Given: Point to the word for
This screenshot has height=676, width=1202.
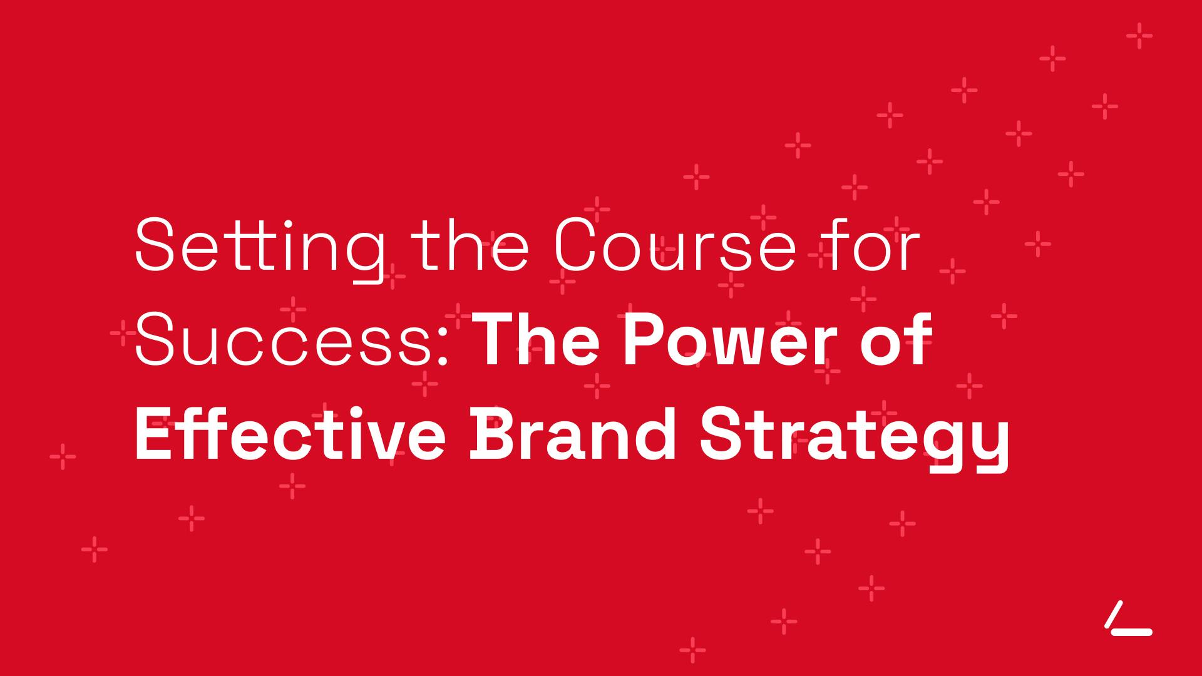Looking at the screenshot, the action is point(873,243).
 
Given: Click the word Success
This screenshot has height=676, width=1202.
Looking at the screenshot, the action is point(285,339).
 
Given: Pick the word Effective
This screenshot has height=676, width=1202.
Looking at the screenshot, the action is point(290,434).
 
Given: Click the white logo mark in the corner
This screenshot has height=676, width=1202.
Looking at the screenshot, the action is point(1128,618).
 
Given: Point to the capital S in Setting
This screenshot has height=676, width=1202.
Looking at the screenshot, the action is point(153,245).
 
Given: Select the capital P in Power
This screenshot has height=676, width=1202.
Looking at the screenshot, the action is point(645,339).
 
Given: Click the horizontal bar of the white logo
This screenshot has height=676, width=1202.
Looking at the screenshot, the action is point(1132,632).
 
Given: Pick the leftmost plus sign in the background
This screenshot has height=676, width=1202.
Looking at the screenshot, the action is point(63,457).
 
